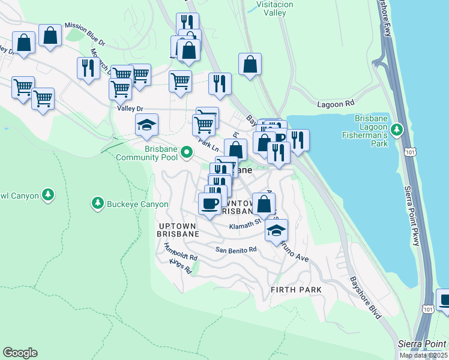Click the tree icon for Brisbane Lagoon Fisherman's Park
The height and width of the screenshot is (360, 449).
coord(396,129)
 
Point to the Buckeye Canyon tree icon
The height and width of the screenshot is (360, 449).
coord(97,204)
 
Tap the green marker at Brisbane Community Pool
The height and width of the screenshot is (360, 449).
coord(187,152)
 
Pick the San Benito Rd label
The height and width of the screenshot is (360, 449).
coord(236,249)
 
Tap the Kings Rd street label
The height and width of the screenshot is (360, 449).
coord(180,267)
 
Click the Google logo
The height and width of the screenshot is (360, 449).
coord(20,353)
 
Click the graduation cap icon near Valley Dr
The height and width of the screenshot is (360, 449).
coord(146,125)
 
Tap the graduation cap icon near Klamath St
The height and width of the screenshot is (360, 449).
coord(276,230)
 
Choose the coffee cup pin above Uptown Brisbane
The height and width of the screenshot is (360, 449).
coord(209,204)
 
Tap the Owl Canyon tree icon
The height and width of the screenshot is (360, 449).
coord(48,195)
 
